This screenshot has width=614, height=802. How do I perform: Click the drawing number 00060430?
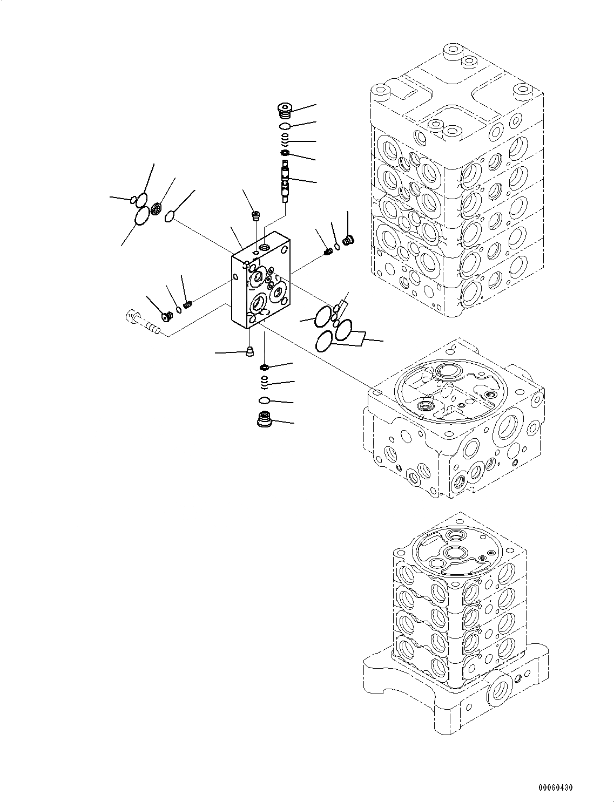[x=555, y=787]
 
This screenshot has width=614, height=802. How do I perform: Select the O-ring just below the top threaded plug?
[x=286, y=126]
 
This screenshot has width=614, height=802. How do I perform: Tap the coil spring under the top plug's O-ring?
[x=285, y=141]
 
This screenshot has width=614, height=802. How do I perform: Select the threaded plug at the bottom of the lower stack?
[x=265, y=419]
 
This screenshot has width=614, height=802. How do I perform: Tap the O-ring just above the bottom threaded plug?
[x=264, y=400]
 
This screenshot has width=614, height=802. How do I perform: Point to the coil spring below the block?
[x=264, y=382]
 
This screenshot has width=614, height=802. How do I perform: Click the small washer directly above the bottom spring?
[x=264, y=368]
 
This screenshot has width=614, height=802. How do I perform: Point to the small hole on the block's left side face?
[x=235, y=277]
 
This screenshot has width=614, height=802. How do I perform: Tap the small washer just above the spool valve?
[x=285, y=155]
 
